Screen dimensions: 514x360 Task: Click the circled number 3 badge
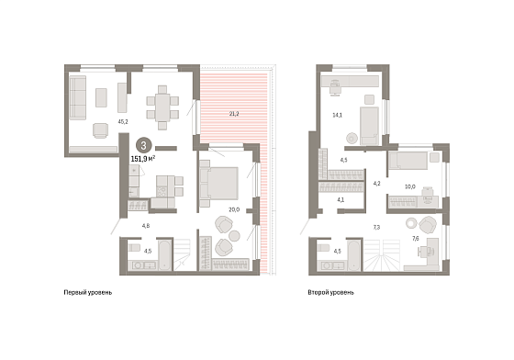pyautogui.click(x=143, y=145)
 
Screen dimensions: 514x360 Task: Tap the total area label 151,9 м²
pyautogui.click(x=143, y=159)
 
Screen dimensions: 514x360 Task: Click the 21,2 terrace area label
pyautogui.click(x=234, y=114)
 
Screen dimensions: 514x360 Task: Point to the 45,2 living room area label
pyautogui.click(x=123, y=121)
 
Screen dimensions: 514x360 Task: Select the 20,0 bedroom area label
pyautogui.click(x=234, y=209)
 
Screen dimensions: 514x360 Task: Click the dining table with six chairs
pyautogui.click(x=162, y=107)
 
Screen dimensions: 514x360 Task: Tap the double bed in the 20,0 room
pyautogui.click(x=218, y=184)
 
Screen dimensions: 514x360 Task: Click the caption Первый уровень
pyautogui.click(x=88, y=292)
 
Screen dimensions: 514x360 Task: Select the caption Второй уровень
pyautogui.click(x=330, y=292)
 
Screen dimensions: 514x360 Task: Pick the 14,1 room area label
pyautogui.click(x=338, y=115)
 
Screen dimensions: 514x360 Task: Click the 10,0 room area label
pyautogui.click(x=409, y=186)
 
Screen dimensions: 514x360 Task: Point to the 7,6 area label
pyautogui.click(x=415, y=239)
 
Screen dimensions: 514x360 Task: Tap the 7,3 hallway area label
pyautogui.click(x=376, y=227)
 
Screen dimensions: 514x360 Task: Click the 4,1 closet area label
pyautogui.click(x=341, y=199)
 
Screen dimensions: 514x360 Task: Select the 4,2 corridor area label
pyautogui.click(x=377, y=184)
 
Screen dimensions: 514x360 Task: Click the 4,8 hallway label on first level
pyautogui.click(x=146, y=226)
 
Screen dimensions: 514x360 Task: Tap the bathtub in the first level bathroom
pyautogui.click(x=165, y=255)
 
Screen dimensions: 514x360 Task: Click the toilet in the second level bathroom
pyautogui.click(x=323, y=248)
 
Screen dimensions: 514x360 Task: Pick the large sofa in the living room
pyautogui.click(x=78, y=97)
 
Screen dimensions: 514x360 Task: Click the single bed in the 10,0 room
pyautogui.click(x=408, y=161)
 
